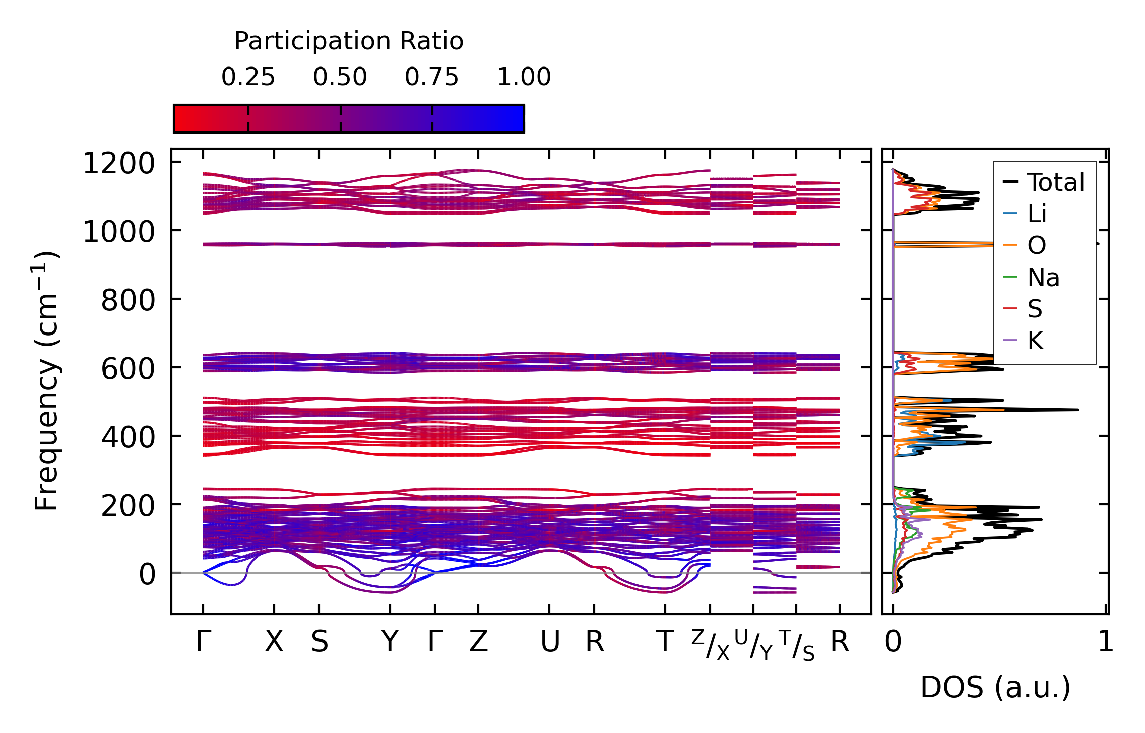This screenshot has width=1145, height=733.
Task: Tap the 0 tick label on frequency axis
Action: coord(147,574)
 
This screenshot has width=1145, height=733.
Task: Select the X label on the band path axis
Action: coord(274,642)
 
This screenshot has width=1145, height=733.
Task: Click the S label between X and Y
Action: coord(320,642)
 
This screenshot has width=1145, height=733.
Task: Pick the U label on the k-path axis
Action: coord(550,642)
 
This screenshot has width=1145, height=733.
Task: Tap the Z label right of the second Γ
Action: coord(478,642)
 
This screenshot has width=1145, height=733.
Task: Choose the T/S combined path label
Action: coord(797,645)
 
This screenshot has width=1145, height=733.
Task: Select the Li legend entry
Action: coord(1037,214)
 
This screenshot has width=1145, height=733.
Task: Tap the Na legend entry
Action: coord(1043,278)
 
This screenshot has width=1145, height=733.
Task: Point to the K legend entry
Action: coord(1036,341)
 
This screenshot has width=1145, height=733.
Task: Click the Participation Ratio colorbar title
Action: coord(349,41)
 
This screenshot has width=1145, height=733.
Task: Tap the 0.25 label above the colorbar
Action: coord(248,77)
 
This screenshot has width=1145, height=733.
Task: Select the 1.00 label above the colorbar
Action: coord(524,77)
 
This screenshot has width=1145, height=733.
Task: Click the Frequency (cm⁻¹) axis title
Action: coord(46,381)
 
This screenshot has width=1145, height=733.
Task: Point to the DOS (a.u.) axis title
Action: coord(995,687)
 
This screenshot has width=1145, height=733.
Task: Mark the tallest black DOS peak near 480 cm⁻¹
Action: coord(1077,410)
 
